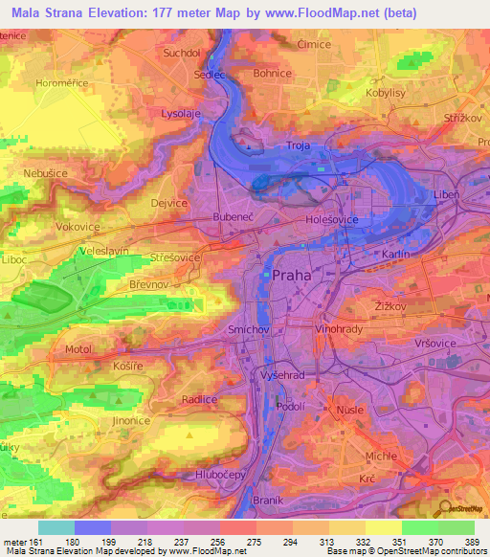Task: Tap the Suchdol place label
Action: click(182, 54)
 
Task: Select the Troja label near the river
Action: click(301, 146)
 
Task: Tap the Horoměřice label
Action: click(61, 83)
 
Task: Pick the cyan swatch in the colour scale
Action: click(56, 527)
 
